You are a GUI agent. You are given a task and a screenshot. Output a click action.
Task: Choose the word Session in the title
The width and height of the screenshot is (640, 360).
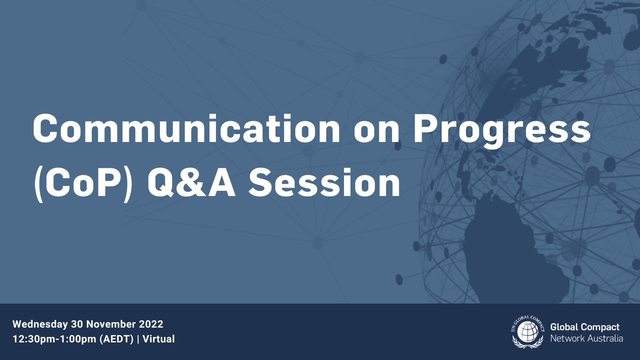click(x=324, y=183)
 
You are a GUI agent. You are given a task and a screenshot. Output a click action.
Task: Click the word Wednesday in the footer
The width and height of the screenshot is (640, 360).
click(x=40, y=324)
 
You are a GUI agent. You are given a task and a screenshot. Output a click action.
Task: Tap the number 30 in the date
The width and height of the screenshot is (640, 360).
click(x=77, y=324)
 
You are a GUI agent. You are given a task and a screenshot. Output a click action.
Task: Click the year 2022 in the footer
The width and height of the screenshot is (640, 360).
click(x=151, y=324)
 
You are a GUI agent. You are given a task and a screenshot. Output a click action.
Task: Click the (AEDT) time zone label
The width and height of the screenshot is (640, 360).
click(x=116, y=340)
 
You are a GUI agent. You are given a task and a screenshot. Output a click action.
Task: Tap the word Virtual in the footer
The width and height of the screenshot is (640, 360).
click(x=158, y=339)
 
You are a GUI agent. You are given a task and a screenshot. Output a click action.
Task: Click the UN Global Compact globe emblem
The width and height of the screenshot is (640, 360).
click(x=528, y=332)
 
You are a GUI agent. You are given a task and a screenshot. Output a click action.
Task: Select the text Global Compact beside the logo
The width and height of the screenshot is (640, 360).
click(x=585, y=327)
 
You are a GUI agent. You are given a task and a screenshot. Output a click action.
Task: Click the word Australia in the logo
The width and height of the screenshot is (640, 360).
click(x=605, y=339)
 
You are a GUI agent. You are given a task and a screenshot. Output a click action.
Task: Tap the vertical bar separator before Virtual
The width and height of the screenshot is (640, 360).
click(x=138, y=340)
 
